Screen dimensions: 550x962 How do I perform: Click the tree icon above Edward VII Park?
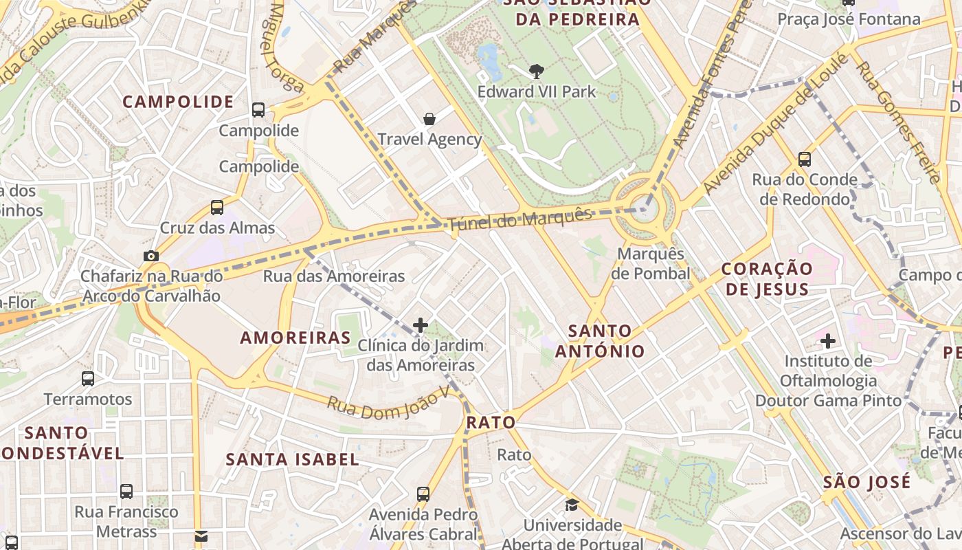pos(536,70)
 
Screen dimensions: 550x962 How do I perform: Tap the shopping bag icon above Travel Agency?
pos(429,119)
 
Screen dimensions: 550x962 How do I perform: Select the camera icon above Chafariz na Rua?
pos(150,256)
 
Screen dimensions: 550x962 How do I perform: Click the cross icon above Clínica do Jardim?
pos(421,324)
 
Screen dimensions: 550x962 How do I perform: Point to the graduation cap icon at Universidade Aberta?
pos(572,505)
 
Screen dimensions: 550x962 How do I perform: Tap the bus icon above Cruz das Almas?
pos(217,207)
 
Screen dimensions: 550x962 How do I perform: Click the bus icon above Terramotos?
pos(88,378)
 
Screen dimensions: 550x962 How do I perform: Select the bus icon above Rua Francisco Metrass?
pos(126,491)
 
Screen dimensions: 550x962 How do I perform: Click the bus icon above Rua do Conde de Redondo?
pos(805,159)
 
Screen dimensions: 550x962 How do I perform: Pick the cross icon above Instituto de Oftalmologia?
pos(828,340)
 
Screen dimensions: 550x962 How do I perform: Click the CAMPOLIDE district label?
pos(178,102)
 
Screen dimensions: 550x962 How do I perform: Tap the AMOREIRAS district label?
pos(295,338)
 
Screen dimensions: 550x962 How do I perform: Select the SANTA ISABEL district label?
pos(293,459)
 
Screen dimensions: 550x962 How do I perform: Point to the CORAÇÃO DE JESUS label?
pos(767,278)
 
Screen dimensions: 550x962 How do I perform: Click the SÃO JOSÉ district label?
pos(866,481)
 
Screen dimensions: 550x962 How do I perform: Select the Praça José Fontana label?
pos(849,19)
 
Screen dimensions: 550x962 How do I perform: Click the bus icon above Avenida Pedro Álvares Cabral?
pos(423,494)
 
